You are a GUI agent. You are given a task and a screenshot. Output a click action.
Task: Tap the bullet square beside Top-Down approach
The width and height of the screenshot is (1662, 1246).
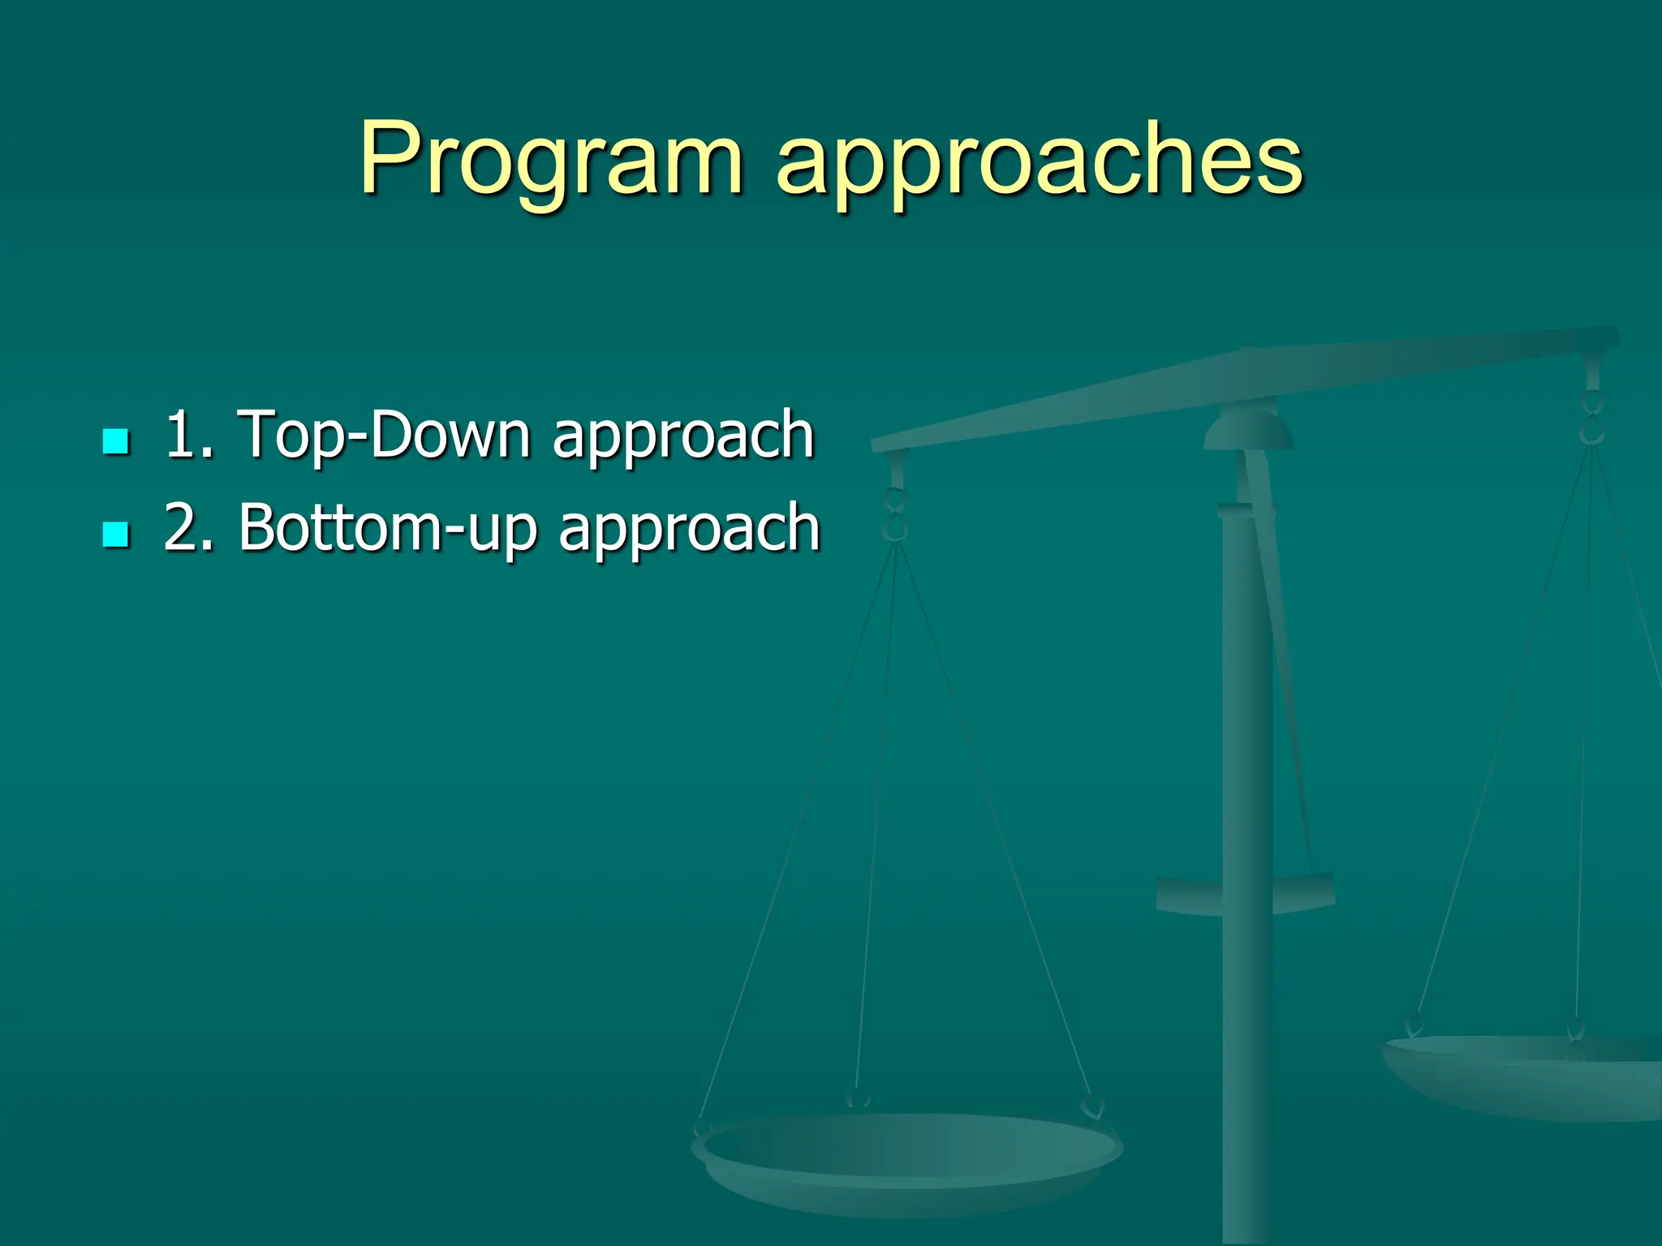(117, 441)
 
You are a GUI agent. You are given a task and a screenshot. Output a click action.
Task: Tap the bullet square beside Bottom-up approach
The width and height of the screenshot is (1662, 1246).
(117, 535)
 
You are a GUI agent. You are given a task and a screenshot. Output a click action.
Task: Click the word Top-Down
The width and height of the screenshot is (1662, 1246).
(383, 435)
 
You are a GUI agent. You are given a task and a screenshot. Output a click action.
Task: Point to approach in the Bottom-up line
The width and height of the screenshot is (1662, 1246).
(690, 531)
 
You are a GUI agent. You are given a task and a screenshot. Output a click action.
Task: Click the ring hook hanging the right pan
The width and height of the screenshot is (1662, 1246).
(1592, 418)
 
